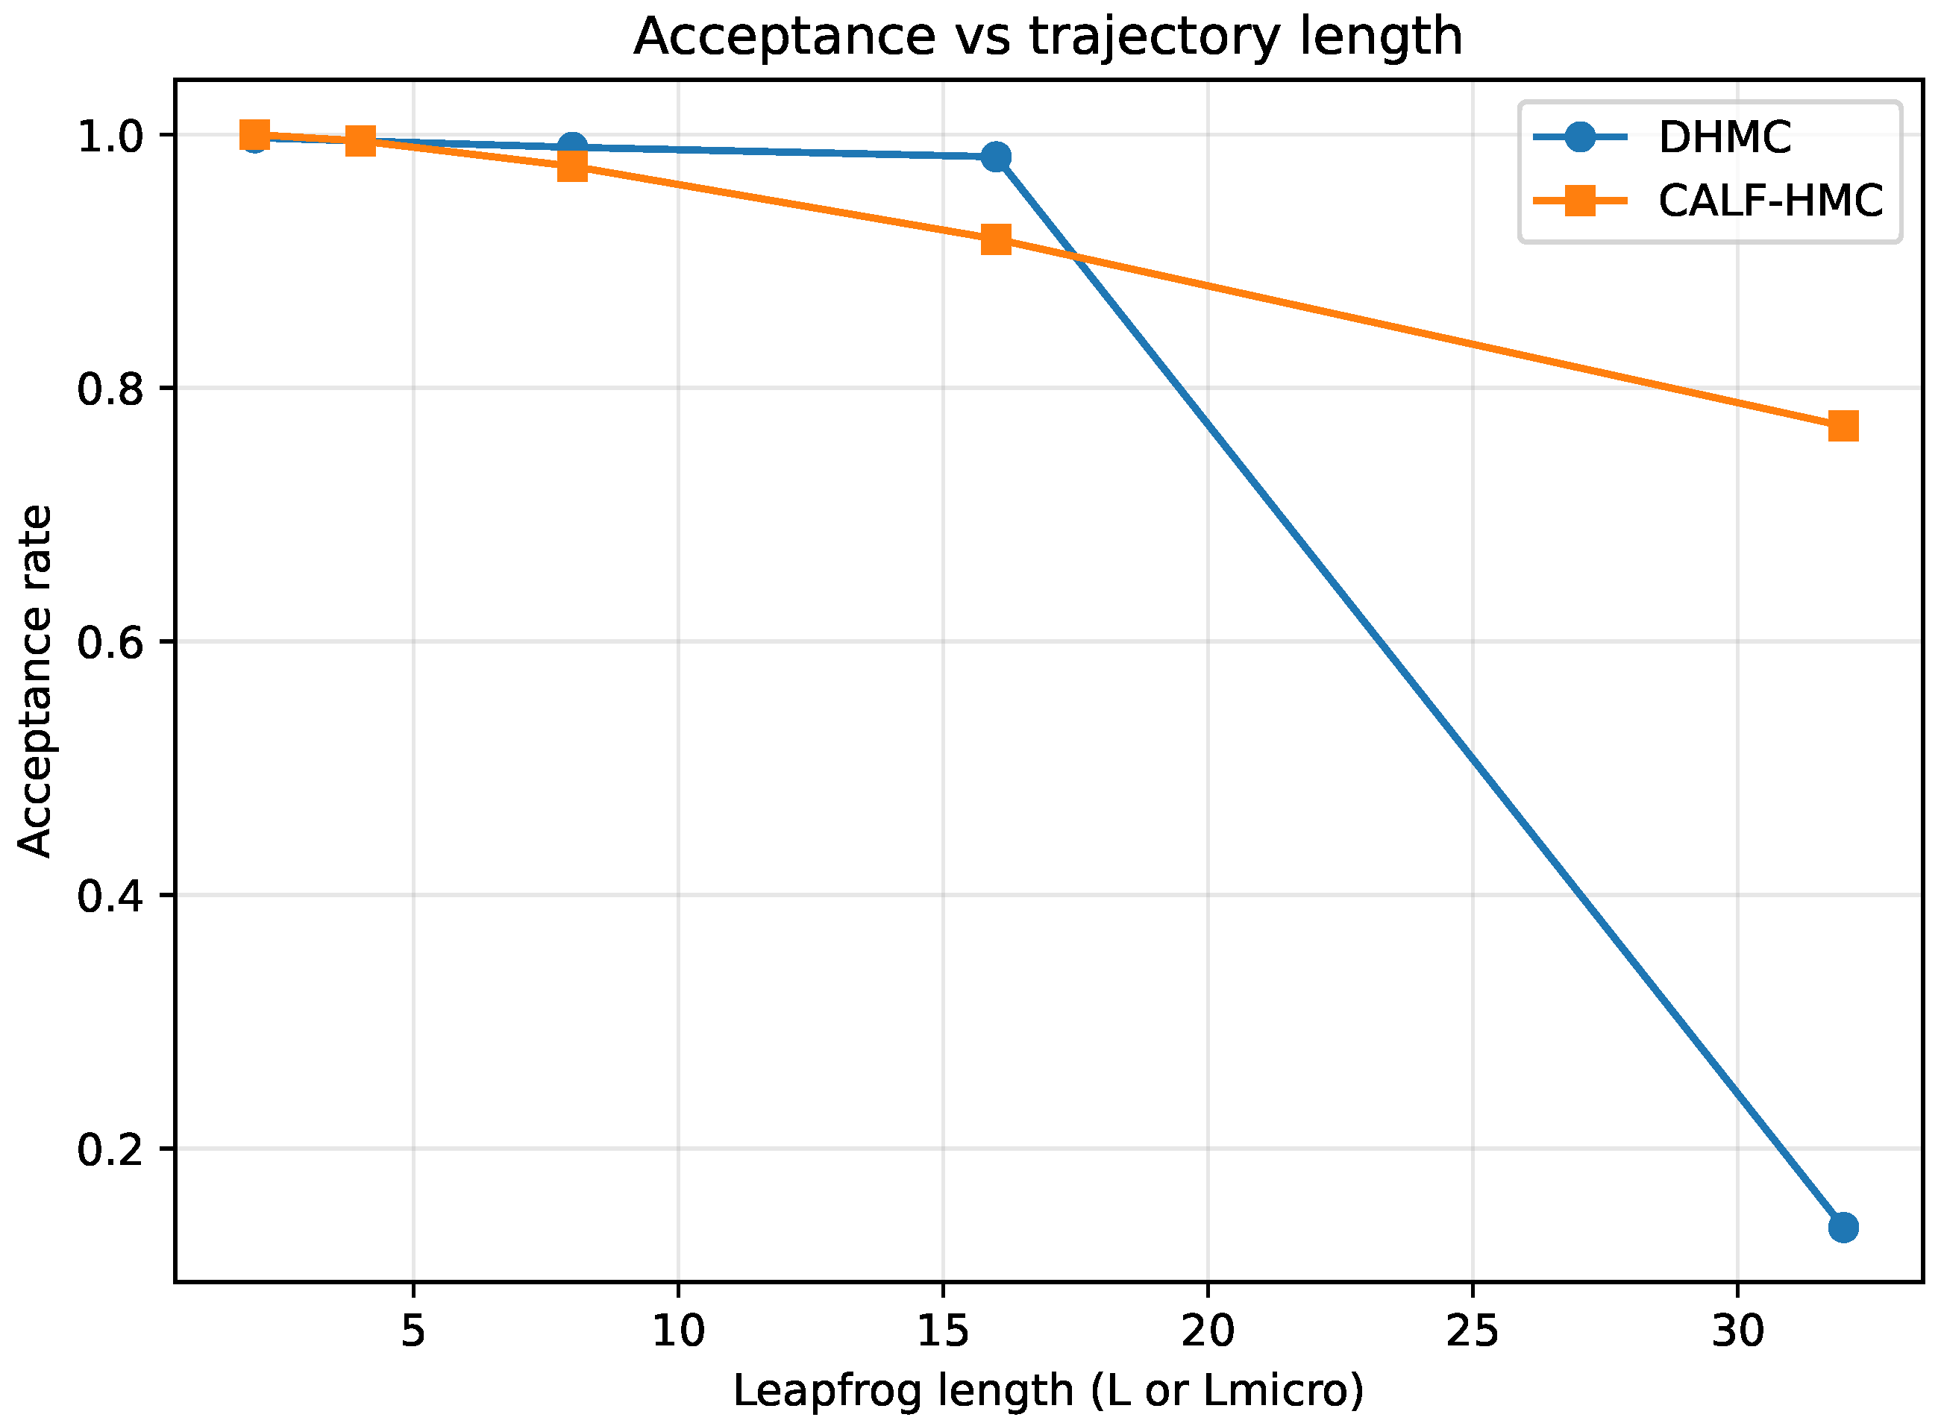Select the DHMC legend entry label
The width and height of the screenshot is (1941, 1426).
(1724, 137)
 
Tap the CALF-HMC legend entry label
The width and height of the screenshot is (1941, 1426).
(1770, 201)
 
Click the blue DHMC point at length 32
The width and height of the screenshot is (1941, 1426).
(1843, 1228)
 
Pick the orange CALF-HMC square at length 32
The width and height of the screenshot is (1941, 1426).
(1843, 427)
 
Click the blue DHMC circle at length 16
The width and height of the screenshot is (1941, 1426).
(997, 157)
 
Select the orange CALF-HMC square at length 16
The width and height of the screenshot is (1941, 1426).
(997, 240)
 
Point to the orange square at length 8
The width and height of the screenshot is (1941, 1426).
(572, 166)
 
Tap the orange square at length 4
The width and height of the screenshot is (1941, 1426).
(361, 141)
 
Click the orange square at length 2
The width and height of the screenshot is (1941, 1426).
(254, 136)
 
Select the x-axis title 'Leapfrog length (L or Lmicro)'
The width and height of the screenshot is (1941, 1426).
(1047, 1392)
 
